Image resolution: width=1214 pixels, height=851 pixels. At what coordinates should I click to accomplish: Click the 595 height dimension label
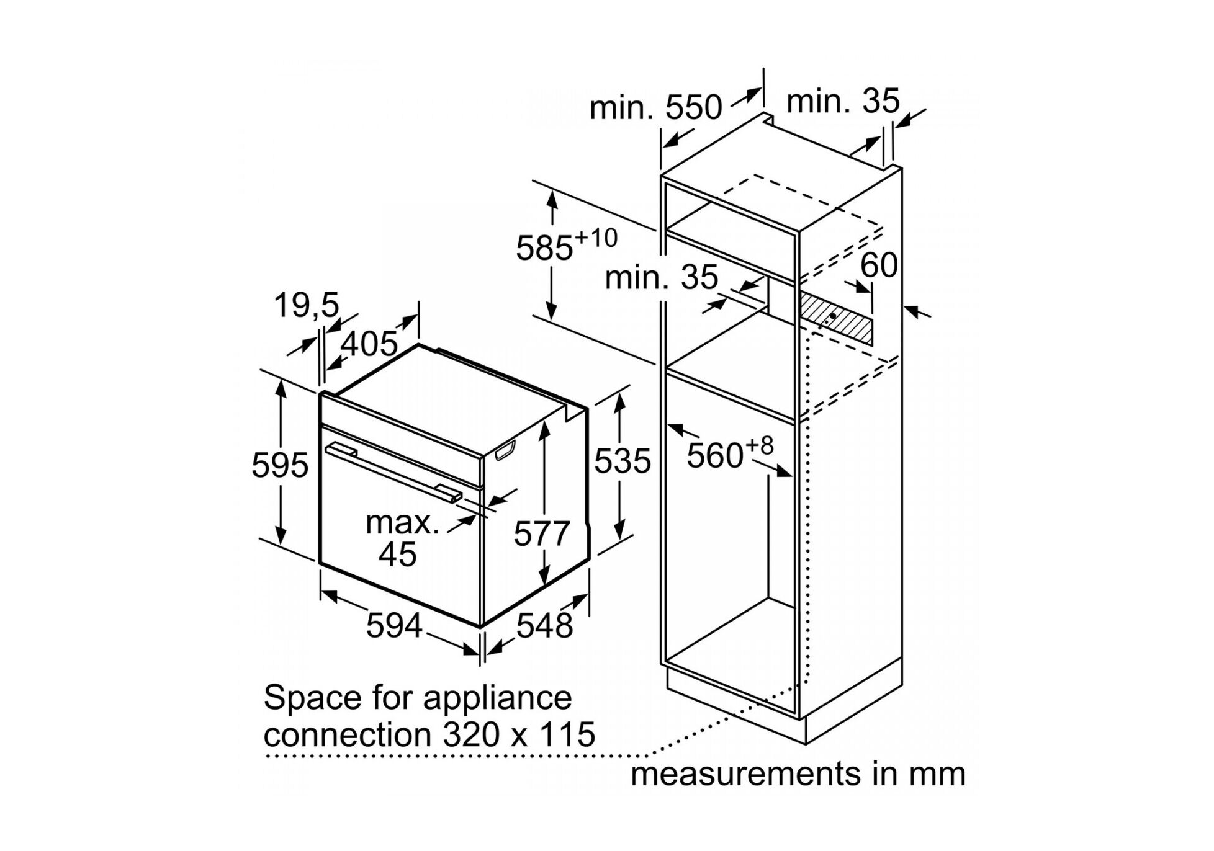point(279,465)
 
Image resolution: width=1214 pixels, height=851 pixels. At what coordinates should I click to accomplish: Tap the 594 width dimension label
point(394,625)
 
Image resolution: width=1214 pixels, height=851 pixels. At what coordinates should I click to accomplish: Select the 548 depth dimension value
point(544,625)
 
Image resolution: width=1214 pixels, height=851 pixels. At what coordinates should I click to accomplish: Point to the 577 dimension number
point(541,534)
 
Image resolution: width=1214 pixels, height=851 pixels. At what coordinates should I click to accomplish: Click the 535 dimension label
point(623,461)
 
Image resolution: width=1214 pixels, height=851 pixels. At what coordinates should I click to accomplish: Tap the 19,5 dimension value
point(307,305)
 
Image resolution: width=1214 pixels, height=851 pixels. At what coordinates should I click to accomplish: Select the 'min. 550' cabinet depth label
point(655,108)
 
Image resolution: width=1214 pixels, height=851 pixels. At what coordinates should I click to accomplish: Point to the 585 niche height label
point(544,248)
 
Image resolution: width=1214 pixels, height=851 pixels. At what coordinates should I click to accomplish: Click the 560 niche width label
point(714,456)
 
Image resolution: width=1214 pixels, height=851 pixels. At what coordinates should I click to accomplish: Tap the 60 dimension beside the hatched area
point(879,265)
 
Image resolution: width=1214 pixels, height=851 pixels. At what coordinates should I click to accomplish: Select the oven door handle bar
point(393,470)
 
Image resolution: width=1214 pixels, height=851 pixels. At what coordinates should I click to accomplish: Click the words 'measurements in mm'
point(798,774)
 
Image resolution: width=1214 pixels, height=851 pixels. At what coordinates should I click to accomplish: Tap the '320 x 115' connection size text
point(519,734)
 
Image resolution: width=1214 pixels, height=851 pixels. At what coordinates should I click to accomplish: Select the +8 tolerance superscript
point(760,445)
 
